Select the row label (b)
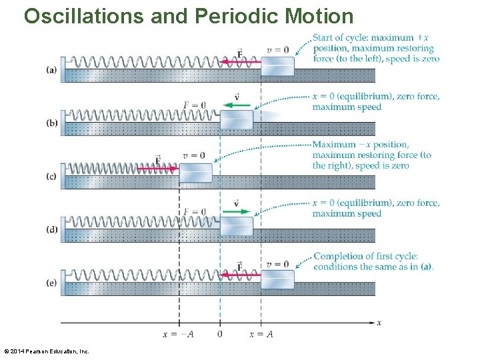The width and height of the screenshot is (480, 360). [51, 123]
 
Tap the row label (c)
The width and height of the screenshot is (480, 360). [51, 177]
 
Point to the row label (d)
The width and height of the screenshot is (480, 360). [51, 230]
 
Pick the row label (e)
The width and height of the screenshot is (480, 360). [51, 283]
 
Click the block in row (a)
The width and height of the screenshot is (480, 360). [277, 67]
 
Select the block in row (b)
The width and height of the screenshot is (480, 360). [237, 120]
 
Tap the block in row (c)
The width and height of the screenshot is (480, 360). [195, 173]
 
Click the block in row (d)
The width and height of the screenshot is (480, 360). [237, 227]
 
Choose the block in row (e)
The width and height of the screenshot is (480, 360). [277, 280]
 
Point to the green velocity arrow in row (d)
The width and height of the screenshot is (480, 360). [237, 211]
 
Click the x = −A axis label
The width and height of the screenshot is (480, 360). [179, 334]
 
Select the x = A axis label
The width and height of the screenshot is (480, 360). [261, 334]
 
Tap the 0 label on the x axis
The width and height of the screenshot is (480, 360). [220, 334]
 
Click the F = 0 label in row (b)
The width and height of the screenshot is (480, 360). [194, 105]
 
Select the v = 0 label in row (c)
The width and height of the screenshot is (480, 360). [193, 156]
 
